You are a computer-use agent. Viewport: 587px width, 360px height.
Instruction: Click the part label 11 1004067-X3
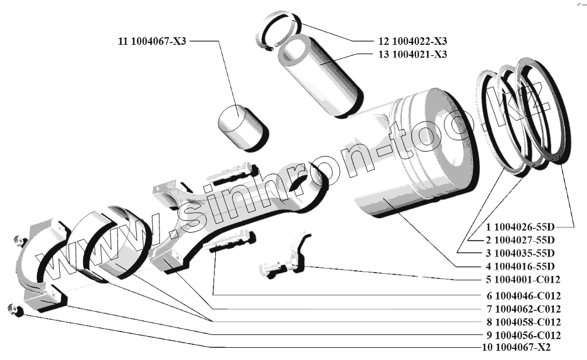[x=152, y=41]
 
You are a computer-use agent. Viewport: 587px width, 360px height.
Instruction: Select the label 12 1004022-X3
[x=412, y=41]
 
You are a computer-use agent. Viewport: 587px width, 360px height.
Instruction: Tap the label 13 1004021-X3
[x=412, y=54]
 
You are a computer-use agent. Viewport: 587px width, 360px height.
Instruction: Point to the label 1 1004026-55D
[x=520, y=227]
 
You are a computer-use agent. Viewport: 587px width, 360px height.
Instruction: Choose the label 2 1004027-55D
[x=520, y=240]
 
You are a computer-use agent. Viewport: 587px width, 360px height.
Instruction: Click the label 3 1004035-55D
[x=520, y=253]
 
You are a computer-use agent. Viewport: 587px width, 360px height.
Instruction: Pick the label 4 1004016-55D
[x=520, y=266]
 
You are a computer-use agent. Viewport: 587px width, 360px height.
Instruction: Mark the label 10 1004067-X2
[x=516, y=347]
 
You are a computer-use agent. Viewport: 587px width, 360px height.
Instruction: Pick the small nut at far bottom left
[x=16, y=311]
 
